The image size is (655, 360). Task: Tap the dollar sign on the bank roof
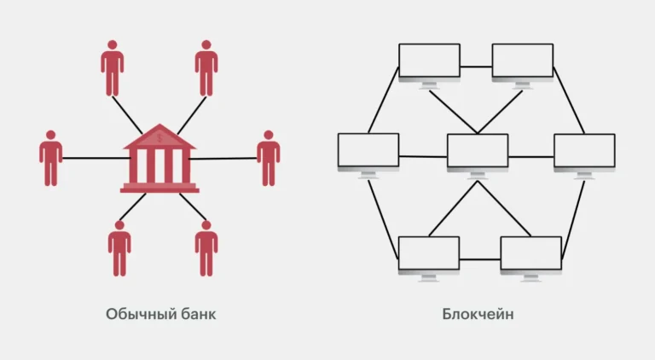click(x=159, y=138)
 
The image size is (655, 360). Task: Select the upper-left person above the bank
click(x=112, y=68)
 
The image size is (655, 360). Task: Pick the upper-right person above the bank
click(x=206, y=68)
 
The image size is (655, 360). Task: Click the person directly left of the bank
click(x=51, y=158)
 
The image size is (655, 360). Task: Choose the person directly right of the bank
click(x=269, y=158)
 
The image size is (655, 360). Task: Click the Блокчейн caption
click(x=478, y=314)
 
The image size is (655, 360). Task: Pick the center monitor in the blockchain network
click(x=478, y=151)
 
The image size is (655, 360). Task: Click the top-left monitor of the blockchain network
click(x=429, y=61)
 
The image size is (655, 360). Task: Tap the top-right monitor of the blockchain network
click(x=523, y=61)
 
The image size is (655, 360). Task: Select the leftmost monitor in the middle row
click(x=368, y=151)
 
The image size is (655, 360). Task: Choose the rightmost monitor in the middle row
click(x=584, y=151)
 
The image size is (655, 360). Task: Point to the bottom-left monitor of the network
click(x=429, y=254)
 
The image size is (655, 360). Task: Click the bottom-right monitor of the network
click(x=530, y=254)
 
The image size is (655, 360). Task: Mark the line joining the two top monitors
click(x=476, y=66)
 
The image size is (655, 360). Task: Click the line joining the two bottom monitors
click(x=480, y=258)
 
